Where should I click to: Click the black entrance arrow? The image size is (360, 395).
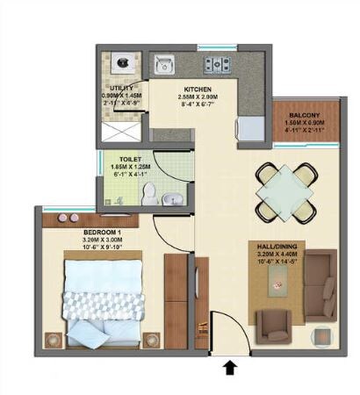[231, 369]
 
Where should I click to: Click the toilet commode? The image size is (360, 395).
[149, 192]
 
